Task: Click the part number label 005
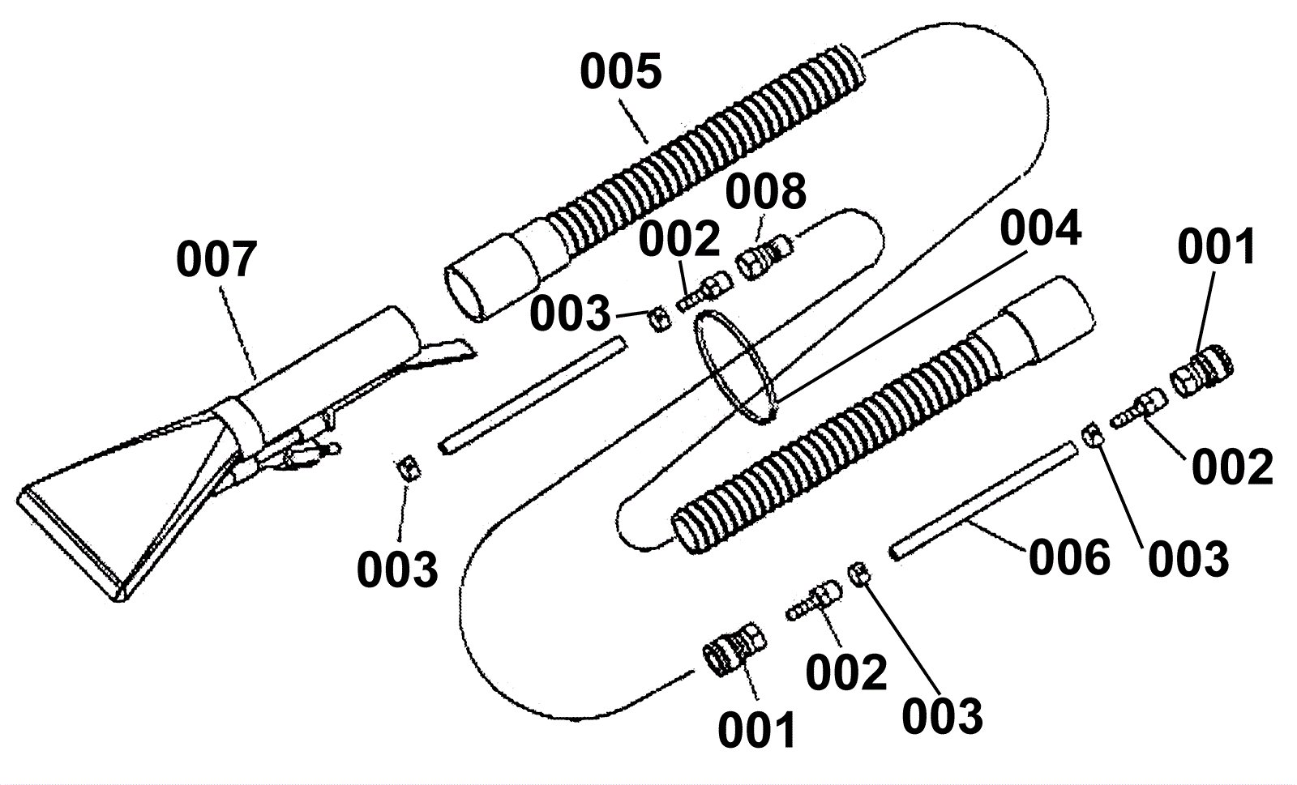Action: tap(621, 71)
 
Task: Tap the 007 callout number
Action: tap(216, 260)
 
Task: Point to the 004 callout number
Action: tap(1041, 228)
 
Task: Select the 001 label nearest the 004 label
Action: tap(1217, 246)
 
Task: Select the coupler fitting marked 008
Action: tap(764, 256)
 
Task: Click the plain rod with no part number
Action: tap(532, 395)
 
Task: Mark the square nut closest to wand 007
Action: tap(409, 467)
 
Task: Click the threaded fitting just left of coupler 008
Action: tap(704, 292)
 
